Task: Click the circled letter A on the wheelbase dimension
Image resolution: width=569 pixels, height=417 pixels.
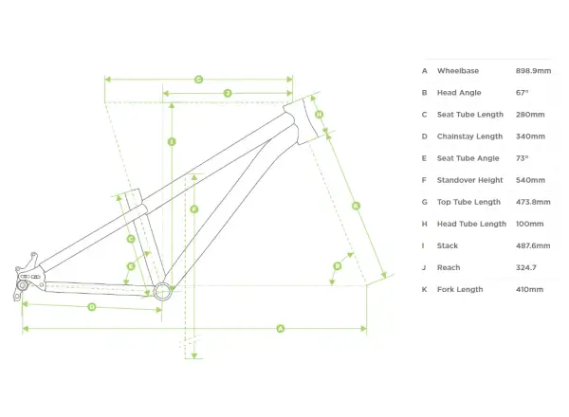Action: click(x=280, y=329)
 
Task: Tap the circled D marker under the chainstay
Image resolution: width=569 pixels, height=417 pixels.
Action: click(x=92, y=307)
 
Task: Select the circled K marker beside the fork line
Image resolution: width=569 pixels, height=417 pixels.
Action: click(x=356, y=206)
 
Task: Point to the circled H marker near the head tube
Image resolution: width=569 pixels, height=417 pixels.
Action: click(x=319, y=115)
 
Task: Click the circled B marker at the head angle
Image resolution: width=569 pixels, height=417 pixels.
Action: click(x=338, y=266)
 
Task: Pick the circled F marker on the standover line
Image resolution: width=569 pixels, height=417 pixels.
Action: click(x=194, y=209)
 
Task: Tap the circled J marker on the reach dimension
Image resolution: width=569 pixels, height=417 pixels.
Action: click(x=228, y=94)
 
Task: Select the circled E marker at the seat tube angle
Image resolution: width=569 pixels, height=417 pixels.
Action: click(x=131, y=266)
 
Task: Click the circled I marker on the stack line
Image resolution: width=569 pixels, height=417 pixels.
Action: click(x=172, y=142)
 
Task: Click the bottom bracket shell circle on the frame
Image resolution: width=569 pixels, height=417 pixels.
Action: click(x=162, y=291)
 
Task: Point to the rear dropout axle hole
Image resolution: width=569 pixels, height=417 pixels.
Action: click(x=23, y=285)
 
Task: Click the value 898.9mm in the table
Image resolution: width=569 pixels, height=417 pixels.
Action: click(x=533, y=71)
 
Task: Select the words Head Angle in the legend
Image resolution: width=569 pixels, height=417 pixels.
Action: click(x=459, y=93)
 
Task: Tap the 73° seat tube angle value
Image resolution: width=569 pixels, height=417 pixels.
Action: click(x=522, y=158)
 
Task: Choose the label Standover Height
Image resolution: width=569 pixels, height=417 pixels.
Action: click(x=470, y=180)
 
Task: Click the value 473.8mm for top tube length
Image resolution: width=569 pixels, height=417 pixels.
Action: click(x=533, y=202)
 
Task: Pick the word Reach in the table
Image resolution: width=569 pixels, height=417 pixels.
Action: click(x=449, y=267)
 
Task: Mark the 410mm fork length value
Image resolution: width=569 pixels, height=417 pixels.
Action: click(x=529, y=289)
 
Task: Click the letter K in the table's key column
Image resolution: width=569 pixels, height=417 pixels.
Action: click(x=424, y=289)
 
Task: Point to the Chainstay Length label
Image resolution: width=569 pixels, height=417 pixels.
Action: click(x=470, y=136)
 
